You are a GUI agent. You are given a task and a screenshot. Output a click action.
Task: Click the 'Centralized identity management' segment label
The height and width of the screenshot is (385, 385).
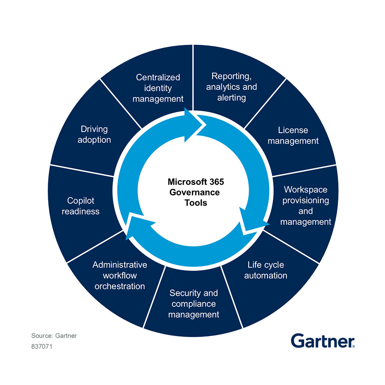(158, 88)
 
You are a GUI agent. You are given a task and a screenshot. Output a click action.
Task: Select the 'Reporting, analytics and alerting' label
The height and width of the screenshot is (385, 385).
(231, 87)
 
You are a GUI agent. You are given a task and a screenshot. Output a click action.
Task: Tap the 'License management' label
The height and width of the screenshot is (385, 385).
(293, 136)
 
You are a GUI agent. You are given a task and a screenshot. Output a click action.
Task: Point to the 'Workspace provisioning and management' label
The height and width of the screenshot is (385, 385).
(306, 205)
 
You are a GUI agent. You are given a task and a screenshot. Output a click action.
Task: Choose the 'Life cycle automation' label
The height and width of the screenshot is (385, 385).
(265, 270)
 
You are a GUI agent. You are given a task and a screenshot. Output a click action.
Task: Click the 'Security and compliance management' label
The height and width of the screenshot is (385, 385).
(194, 304)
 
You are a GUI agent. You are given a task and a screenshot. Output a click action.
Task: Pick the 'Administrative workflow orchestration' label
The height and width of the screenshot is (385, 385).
(120, 276)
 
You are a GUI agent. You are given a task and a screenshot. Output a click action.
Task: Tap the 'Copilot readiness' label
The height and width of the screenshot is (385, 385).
(81, 206)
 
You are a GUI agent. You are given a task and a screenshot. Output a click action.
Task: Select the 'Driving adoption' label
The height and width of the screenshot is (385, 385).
(94, 134)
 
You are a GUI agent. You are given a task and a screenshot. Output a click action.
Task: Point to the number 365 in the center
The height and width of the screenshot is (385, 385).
(215, 182)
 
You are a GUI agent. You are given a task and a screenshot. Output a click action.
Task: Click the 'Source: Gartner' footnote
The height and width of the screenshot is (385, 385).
(54, 336)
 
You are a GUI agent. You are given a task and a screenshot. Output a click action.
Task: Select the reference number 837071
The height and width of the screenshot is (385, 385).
(42, 347)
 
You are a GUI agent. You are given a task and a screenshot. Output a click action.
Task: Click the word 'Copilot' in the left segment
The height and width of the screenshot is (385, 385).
(81, 201)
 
